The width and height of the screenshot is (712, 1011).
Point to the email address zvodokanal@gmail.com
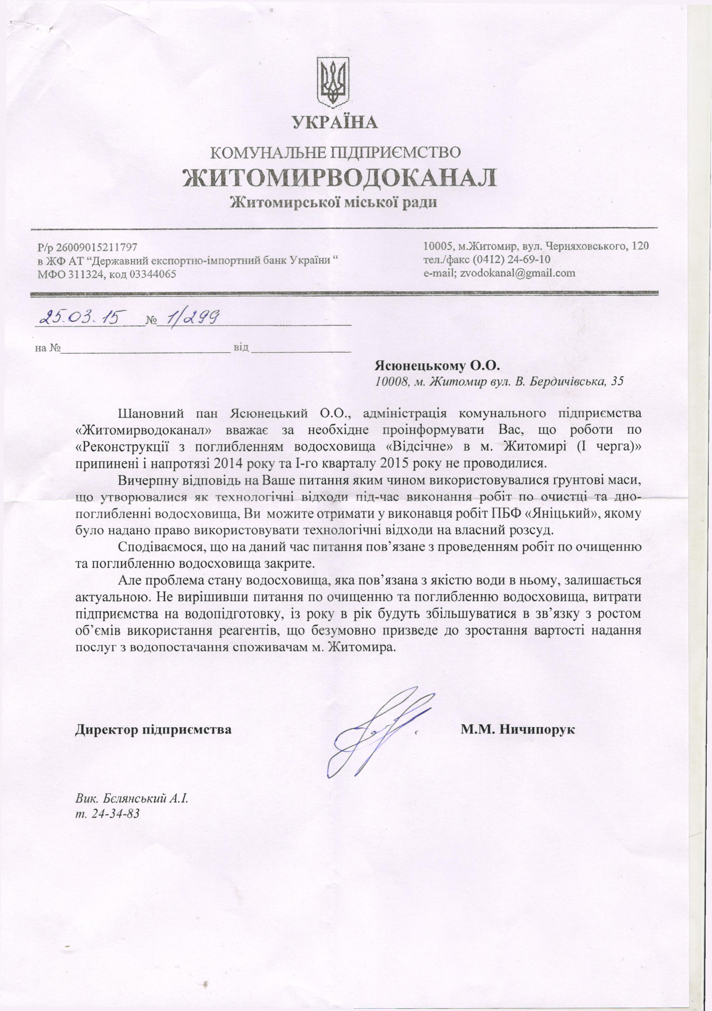tap(518, 273)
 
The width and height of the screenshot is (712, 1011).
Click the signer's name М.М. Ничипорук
tap(518, 729)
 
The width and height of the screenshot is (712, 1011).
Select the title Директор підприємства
tap(153, 729)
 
